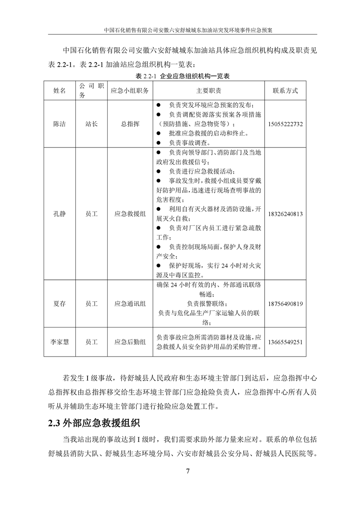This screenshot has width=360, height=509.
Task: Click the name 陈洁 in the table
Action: (59, 124)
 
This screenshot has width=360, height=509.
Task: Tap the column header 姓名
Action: (59, 91)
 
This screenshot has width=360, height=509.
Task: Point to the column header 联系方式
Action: (286, 91)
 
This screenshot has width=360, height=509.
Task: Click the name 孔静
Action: (59, 214)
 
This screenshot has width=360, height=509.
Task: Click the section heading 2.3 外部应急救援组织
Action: (94, 424)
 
